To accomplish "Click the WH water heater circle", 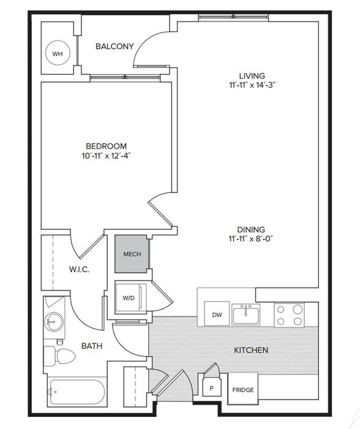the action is pyautogui.click(x=58, y=53).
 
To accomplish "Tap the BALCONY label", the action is pyautogui.click(x=114, y=46).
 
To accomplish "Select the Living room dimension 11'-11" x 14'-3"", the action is pyautogui.click(x=252, y=85).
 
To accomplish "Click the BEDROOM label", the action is pyautogui.click(x=107, y=146).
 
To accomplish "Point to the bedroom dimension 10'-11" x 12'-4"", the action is pyautogui.click(x=107, y=156).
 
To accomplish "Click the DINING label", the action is pyautogui.click(x=251, y=229).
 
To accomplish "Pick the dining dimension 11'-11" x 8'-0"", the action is pyautogui.click(x=251, y=239).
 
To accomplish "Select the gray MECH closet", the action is pyautogui.click(x=131, y=254).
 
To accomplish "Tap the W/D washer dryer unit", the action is pyautogui.click(x=130, y=298).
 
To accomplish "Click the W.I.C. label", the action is pyautogui.click(x=79, y=270).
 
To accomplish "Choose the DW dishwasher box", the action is pyautogui.click(x=217, y=314).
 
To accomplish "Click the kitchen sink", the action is pyautogui.click(x=246, y=314).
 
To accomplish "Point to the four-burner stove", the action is pyautogui.click(x=289, y=315).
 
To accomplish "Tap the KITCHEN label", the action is pyautogui.click(x=251, y=350).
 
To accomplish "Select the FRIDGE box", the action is pyautogui.click(x=242, y=389).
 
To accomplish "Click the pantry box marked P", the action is pyautogui.click(x=211, y=388).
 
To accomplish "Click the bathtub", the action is pyautogui.click(x=77, y=392).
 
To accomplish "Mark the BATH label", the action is pyautogui.click(x=92, y=346).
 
